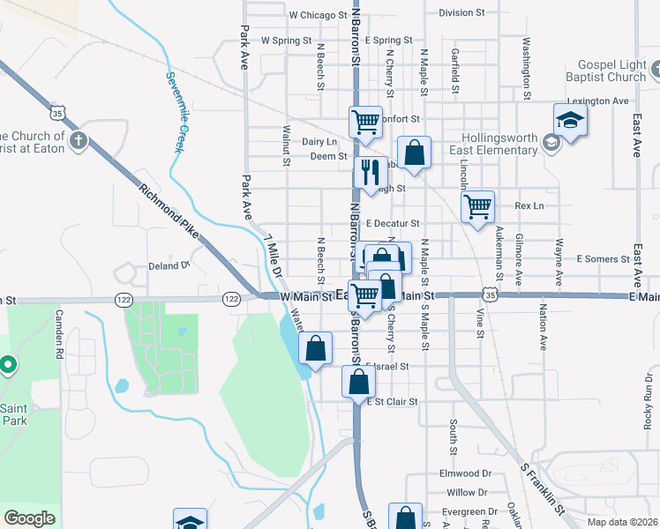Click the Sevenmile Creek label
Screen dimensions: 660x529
(x=174, y=111)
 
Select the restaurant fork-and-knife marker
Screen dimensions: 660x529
(x=371, y=173)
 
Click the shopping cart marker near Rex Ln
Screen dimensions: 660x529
(x=477, y=207)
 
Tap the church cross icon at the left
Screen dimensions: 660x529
(x=79, y=140)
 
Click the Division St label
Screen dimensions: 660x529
(x=462, y=13)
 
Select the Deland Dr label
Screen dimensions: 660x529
(x=169, y=264)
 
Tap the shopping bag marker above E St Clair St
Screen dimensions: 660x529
(x=357, y=382)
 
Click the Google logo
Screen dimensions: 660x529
(x=29, y=518)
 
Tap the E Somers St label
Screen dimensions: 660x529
(x=602, y=259)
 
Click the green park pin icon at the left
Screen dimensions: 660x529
(x=8, y=364)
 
